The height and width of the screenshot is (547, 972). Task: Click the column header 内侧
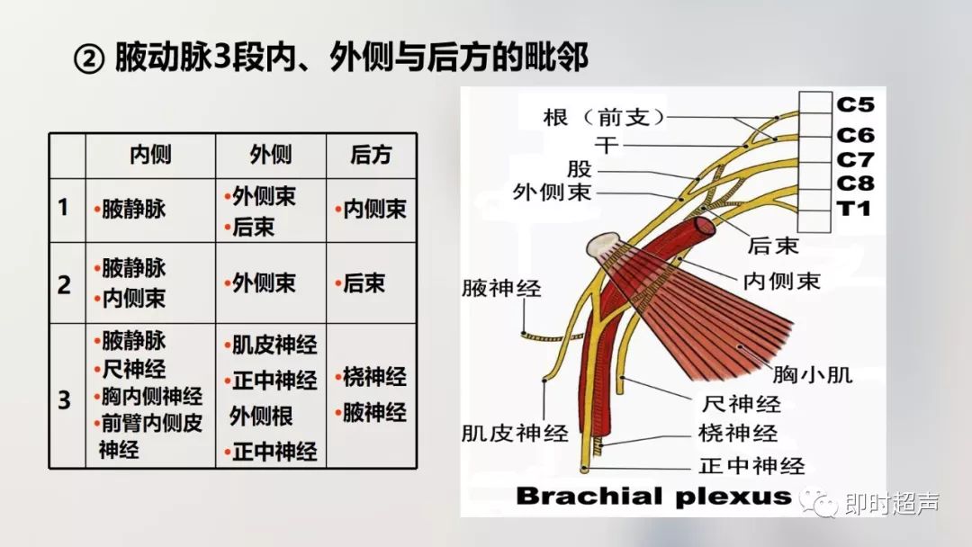click(150, 155)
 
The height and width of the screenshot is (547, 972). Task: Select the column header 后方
click(371, 155)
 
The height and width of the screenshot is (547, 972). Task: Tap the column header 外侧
click(270, 155)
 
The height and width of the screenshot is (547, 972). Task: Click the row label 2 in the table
click(64, 285)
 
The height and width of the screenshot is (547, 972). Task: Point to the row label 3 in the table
click(64, 399)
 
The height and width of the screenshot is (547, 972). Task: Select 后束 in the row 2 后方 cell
click(364, 284)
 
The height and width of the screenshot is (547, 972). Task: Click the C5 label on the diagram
click(855, 104)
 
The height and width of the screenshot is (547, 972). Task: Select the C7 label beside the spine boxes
click(855, 159)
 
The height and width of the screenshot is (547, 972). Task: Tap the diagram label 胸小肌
click(813, 373)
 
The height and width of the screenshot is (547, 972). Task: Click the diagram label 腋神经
click(501, 289)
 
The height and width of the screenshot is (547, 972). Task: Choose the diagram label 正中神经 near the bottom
click(751, 466)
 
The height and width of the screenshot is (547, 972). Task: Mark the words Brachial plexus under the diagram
click(653, 496)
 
